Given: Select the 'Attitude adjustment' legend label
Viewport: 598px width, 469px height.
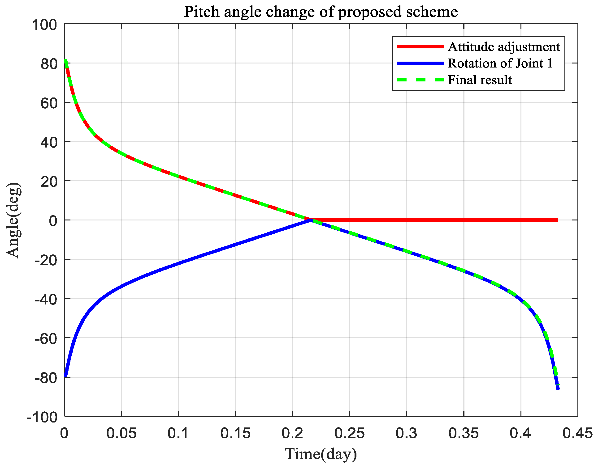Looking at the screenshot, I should point(504,47).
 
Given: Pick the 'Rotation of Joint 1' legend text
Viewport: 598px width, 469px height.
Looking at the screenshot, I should point(500,63).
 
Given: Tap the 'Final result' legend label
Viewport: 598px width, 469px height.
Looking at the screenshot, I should point(480,80).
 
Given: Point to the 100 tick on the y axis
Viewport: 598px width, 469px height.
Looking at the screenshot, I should point(44,25).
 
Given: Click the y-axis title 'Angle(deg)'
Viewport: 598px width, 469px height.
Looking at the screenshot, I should point(13,220).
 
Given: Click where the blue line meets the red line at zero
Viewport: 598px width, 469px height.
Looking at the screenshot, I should point(311,220).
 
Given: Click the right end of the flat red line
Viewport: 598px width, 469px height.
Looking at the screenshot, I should point(558,220).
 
